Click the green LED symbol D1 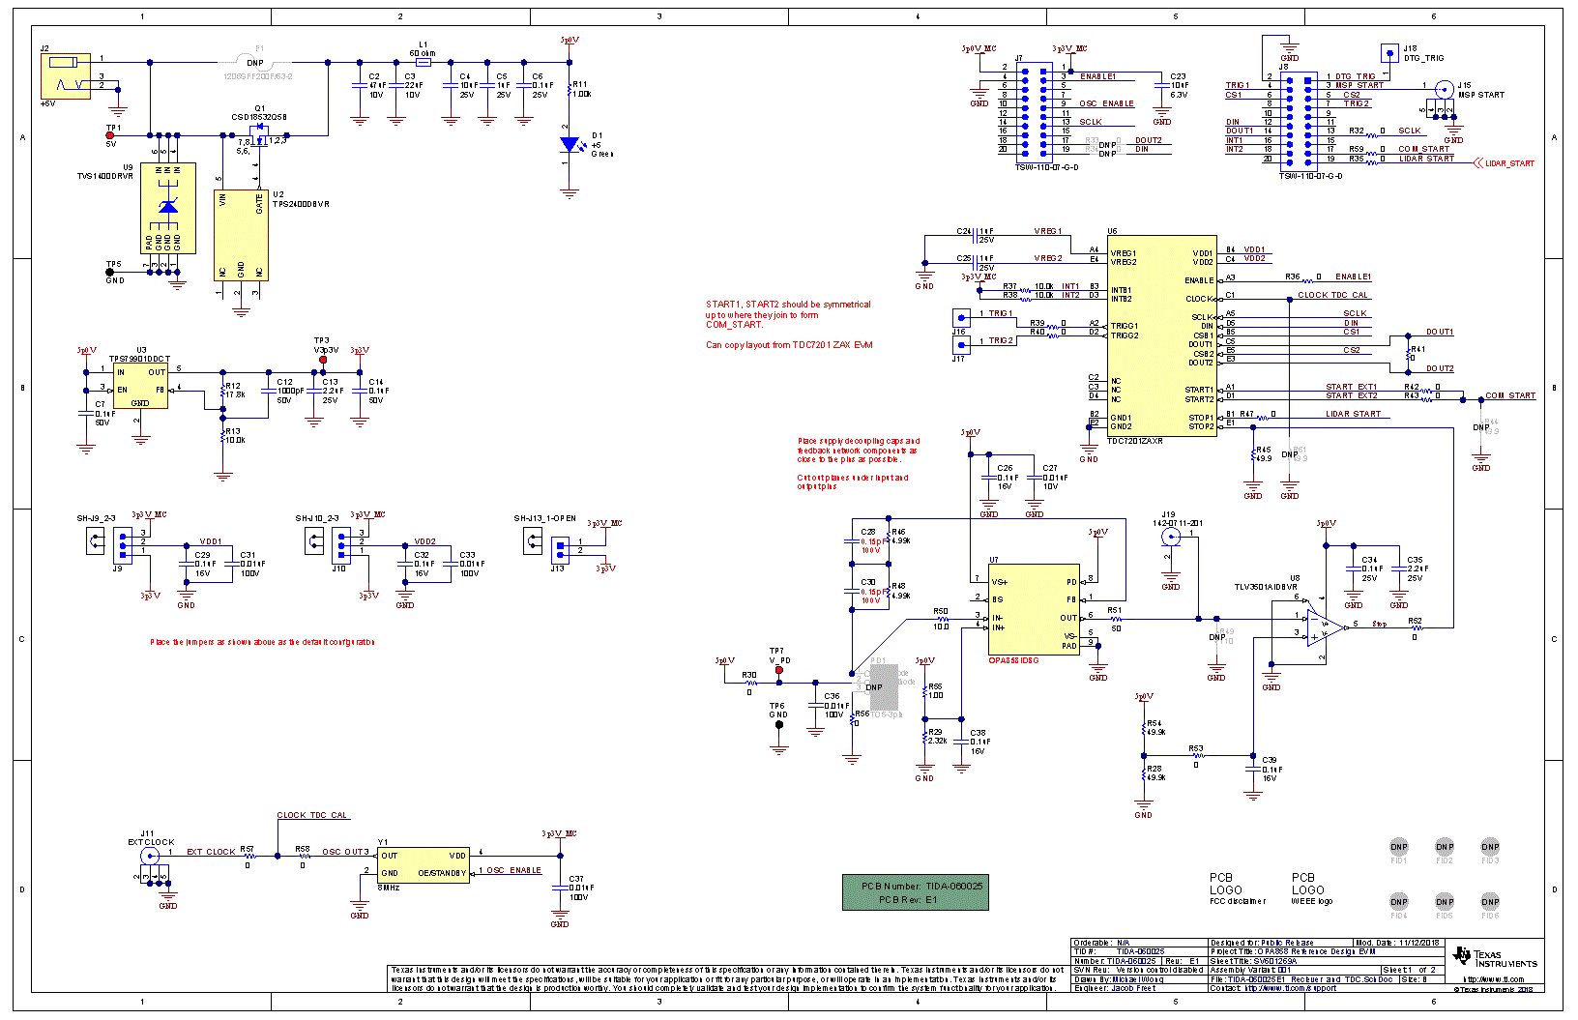[x=570, y=145]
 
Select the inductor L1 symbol [x=423, y=62]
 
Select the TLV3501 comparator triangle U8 [x=1323, y=627]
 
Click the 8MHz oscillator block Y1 [x=423, y=864]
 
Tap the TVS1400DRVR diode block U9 [x=168, y=208]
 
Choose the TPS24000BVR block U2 [x=241, y=235]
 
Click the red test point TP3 [x=323, y=360]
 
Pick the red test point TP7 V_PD [x=779, y=669]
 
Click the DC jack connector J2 [x=66, y=75]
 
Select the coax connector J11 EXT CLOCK [x=150, y=856]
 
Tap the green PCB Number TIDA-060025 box [x=916, y=892]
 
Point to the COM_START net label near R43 [x=1509, y=395]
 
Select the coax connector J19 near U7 [x=1171, y=536]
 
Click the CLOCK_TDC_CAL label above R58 [x=311, y=815]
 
